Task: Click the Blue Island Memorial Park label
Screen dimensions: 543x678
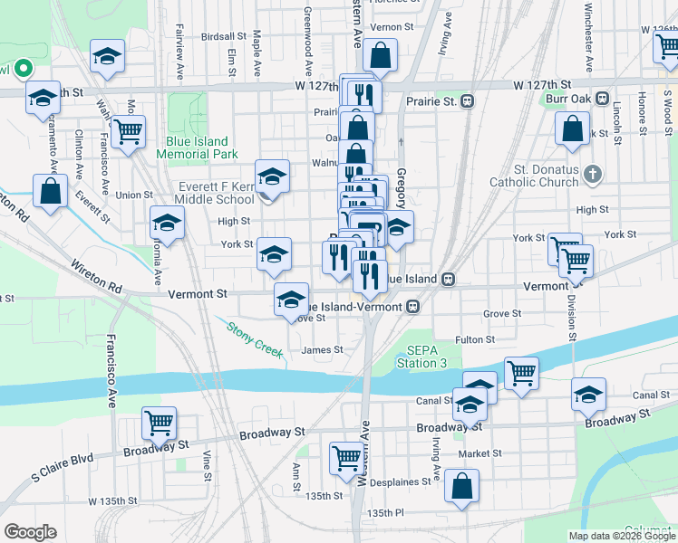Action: pos(197,148)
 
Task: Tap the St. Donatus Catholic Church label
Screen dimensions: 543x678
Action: pos(546,175)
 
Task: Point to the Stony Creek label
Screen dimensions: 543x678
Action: pos(255,340)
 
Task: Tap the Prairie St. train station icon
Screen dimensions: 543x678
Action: pos(469,100)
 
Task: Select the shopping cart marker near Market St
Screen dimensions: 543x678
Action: pos(346,458)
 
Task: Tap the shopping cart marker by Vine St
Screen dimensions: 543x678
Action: pos(160,423)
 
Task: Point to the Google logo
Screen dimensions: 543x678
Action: pos(30,532)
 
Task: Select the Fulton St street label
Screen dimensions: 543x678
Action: pos(474,339)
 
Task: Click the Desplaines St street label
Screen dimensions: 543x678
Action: pos(396,482)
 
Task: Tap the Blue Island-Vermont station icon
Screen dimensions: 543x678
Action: pos(412,306)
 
